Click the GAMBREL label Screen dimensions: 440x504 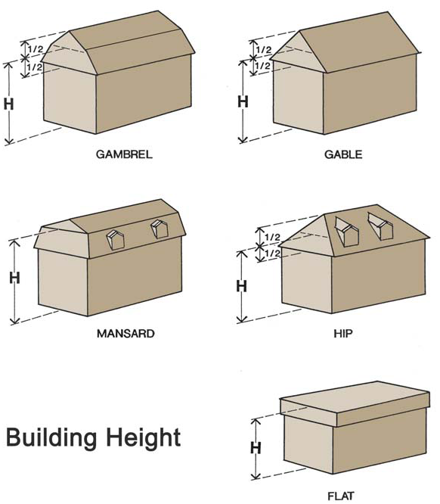tap(124, 154)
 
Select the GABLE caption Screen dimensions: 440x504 tap(343, 154)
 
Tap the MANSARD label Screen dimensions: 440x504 tap(125, 334)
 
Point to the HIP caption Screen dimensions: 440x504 tap(343, 334)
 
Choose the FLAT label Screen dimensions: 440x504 tap(340, 496)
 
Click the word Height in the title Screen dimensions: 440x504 tap(144, 438)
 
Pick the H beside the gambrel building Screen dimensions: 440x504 tap(8, 104)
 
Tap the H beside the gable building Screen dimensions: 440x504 tap(243, 102)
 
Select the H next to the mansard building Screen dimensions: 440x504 tap(14, 278)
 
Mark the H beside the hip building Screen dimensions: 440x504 tap(241, 286)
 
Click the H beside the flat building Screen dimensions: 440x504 tap(256, 448)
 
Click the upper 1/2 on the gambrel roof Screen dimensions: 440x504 tap(35, 49)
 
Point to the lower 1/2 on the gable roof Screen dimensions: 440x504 tap(263, 66)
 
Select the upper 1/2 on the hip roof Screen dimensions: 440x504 tap(272, 237)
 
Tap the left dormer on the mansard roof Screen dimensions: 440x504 tap(116, 239)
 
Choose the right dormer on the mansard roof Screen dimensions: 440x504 tap(160, 229)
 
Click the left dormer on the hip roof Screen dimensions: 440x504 tap(347, 232)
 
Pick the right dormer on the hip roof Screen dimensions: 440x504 tap(381, 226)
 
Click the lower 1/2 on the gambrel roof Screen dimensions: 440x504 tap(35, 67)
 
